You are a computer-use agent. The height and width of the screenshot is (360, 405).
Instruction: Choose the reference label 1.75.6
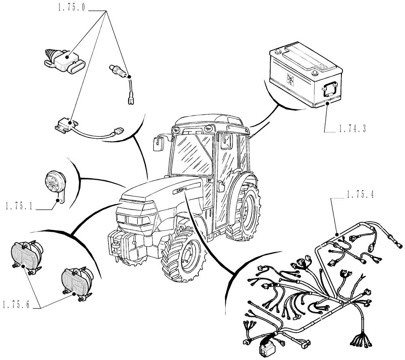17,304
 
